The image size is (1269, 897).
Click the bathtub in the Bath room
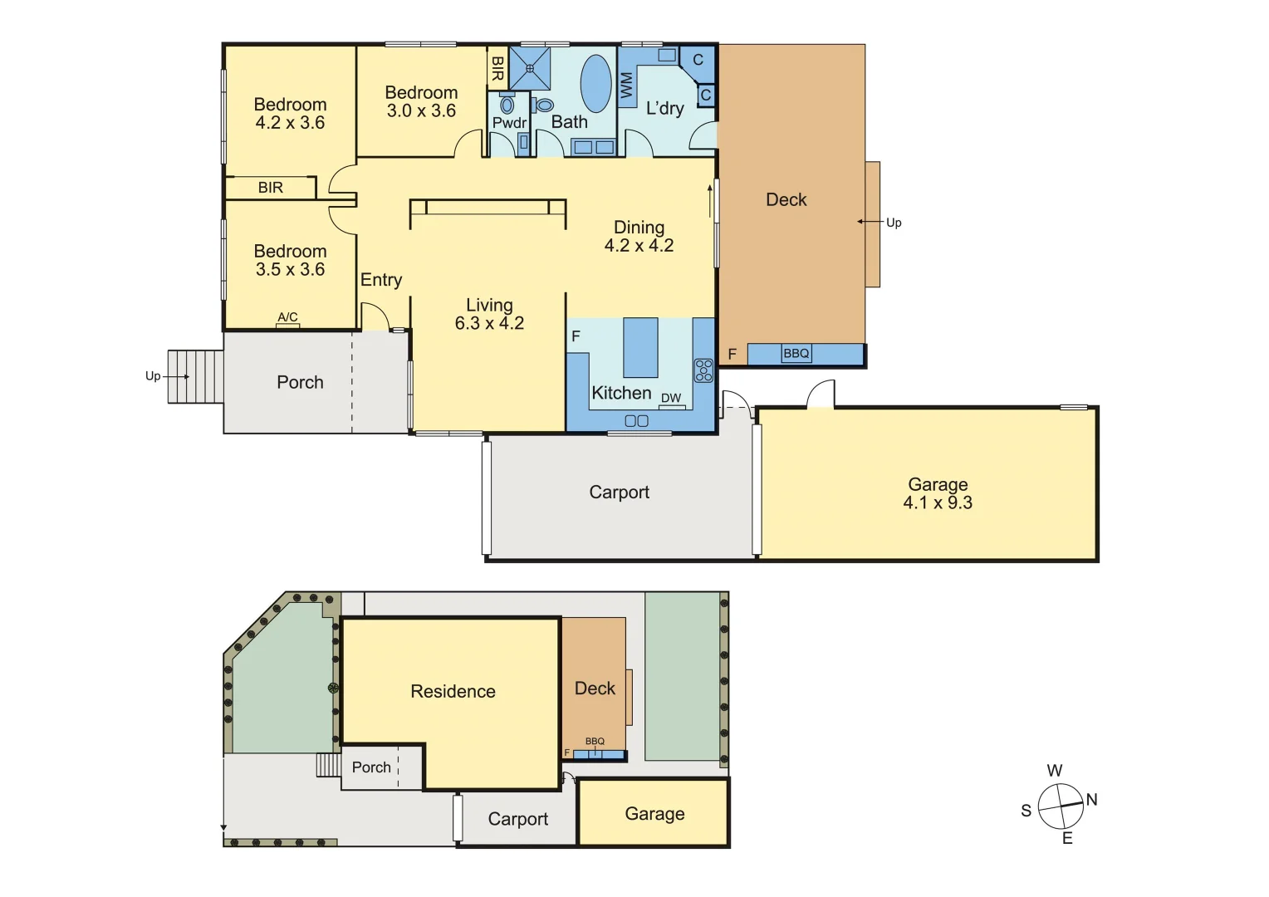595,83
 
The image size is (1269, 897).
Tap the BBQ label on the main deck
796,354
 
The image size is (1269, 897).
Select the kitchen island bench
640,347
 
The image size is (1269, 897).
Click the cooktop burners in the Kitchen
703,370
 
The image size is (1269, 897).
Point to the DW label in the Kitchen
671,399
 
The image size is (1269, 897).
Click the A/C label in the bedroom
287,317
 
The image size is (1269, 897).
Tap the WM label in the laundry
626,85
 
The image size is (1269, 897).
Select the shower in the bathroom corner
529,68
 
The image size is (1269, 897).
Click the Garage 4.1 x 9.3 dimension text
938,502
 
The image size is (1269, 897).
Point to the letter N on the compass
1091,800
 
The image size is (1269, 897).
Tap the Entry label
381,280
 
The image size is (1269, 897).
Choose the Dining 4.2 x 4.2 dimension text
639,246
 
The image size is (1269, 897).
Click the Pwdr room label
509,123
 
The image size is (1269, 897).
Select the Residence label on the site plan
453,691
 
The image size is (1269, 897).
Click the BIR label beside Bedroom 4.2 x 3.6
271,188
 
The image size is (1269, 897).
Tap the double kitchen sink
636,421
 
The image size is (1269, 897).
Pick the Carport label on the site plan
517,819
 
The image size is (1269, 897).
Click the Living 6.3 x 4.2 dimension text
489,324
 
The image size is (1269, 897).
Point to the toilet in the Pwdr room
507,105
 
